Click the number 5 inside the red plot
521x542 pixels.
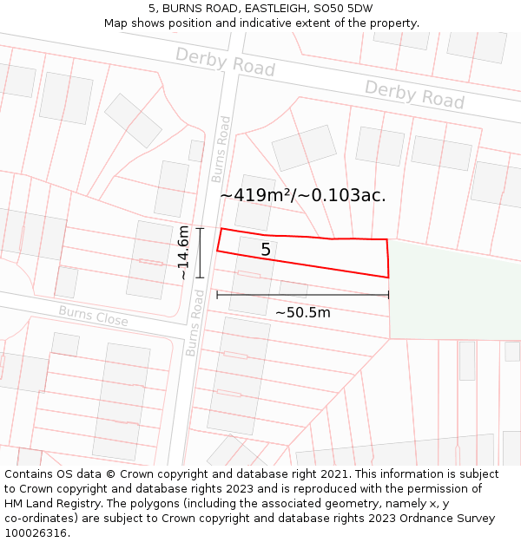coord(266,250)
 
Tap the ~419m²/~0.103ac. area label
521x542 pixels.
coord(303,195)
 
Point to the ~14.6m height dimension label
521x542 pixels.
coord(183,252)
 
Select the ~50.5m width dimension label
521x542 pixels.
coord(302,312)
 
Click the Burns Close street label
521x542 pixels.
coord(93,316)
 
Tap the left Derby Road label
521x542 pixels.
coord(225,62)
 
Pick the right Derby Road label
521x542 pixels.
coord(414,95)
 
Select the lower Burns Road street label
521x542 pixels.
coord(195,323)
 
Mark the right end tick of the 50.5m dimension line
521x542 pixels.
coord(388,295)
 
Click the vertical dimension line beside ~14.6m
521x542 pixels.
coord(200,252)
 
